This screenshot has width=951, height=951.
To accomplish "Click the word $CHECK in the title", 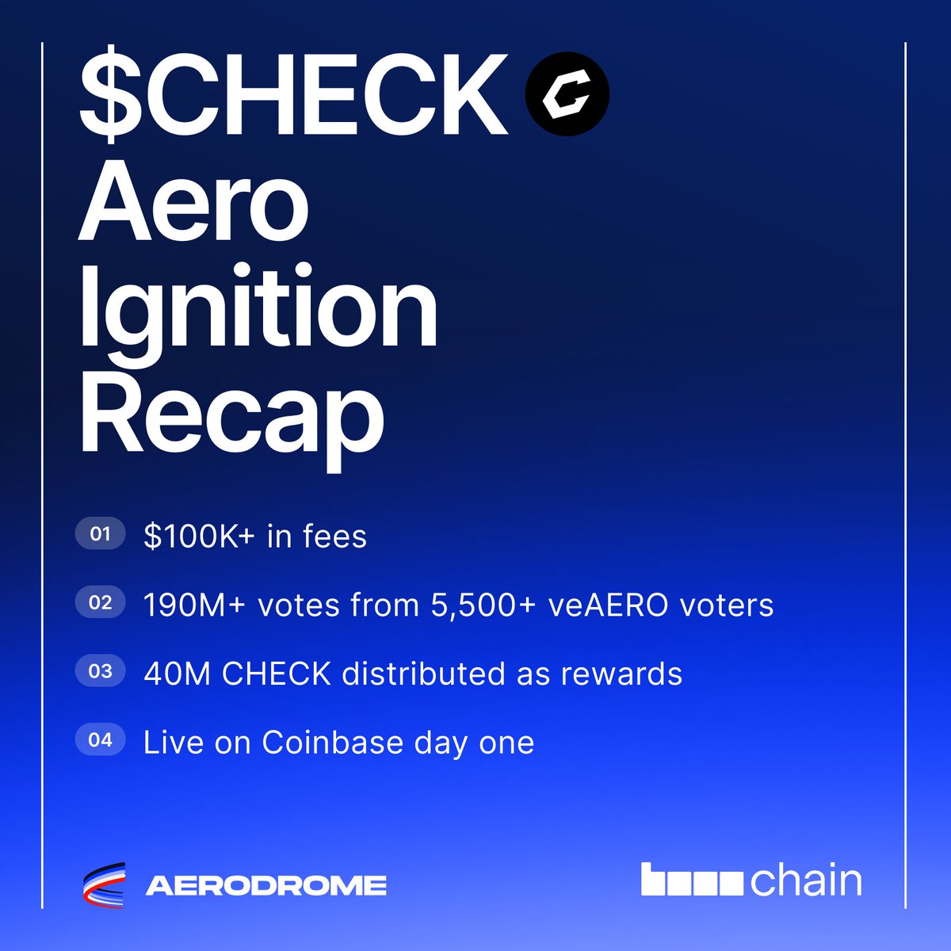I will coord(293,97).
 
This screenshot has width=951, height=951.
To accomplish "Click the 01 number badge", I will coord(100,534).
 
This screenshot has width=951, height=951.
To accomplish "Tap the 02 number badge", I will coord(100,603).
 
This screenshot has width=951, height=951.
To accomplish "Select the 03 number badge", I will coord(100,672).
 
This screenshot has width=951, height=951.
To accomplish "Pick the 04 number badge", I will coord(100,741).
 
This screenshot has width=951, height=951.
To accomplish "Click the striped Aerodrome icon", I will coord(105,884).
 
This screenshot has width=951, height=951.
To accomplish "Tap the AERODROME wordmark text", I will coord(266,885).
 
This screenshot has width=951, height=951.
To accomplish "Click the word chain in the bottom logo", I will coord(806,881).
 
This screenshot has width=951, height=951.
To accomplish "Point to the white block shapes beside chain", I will coord(692,881).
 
